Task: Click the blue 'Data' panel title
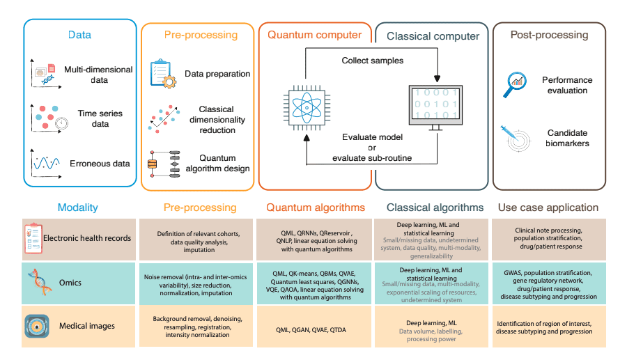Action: pyautogui.click(x=79, y=35)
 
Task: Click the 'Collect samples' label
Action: pyautogui.click(x=372, y=61)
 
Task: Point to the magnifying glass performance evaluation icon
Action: pyautogui.click(x=516, y=84)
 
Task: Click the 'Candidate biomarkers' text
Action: pyautogui.click(x=566, y=138)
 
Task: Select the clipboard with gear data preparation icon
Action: pyautogui.click(x=164, y=75)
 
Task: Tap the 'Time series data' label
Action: pyautogui.click(x=100, y=118)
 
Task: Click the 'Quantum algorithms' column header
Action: pyautogui.click(x=316, y=208)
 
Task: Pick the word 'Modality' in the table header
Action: pyautogui.click(x=77, y=208)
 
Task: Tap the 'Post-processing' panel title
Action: pyautogui.click(x=549, y=35)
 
